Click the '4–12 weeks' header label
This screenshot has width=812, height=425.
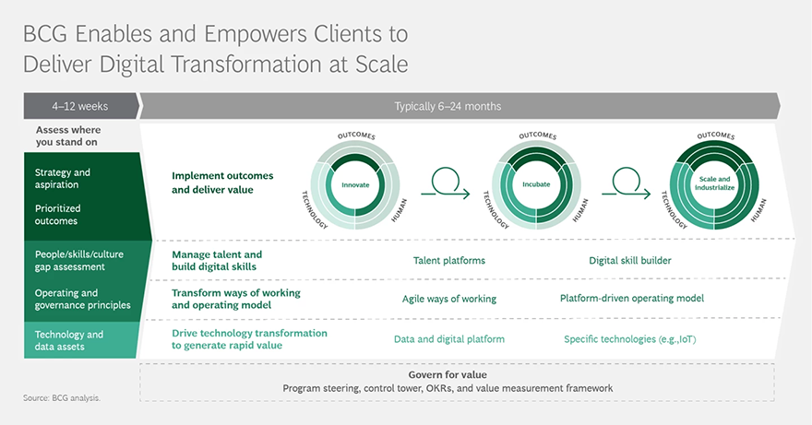tap(79, 106)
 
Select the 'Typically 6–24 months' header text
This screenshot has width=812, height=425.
tap(448, 106)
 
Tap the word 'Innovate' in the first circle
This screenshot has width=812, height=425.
tap(355, 184)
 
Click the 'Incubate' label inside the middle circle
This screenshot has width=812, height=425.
tap(536, 184)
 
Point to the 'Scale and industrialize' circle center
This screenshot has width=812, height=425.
tap(714, 183)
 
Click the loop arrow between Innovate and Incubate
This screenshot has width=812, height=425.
tap(446, 183)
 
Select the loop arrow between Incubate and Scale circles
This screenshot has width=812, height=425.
tap(626, 183)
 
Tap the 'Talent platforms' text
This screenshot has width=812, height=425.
tap(449, 260)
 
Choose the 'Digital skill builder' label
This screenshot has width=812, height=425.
tap(629, 260)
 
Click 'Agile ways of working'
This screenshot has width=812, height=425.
tap(449, 299)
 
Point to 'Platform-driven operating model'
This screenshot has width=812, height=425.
tap(632, 298)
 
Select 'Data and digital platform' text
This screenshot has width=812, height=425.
tap(449, 339)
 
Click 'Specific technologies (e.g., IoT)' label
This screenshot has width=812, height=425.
tap(629, 339)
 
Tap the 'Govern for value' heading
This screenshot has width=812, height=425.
tap(448, 375)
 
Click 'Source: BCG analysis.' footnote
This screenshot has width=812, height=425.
tap(62, 398)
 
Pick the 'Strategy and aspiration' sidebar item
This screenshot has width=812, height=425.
tap(63, 178)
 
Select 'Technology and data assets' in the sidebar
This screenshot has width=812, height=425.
tap(69, 340)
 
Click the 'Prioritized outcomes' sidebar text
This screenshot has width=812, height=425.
tap(57, 214)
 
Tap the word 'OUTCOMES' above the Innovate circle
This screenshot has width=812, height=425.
tap(356, 136)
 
